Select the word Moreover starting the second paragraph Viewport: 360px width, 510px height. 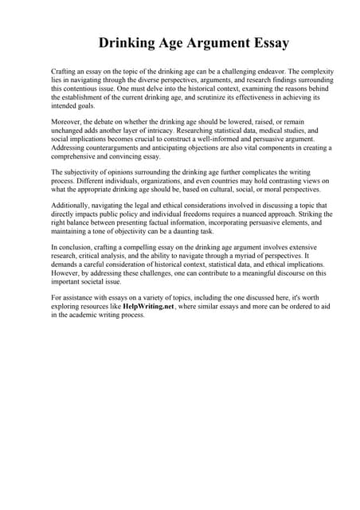tap(68, 121)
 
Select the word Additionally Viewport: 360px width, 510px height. tap(72, 206)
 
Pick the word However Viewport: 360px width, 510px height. tap(68, 273)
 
